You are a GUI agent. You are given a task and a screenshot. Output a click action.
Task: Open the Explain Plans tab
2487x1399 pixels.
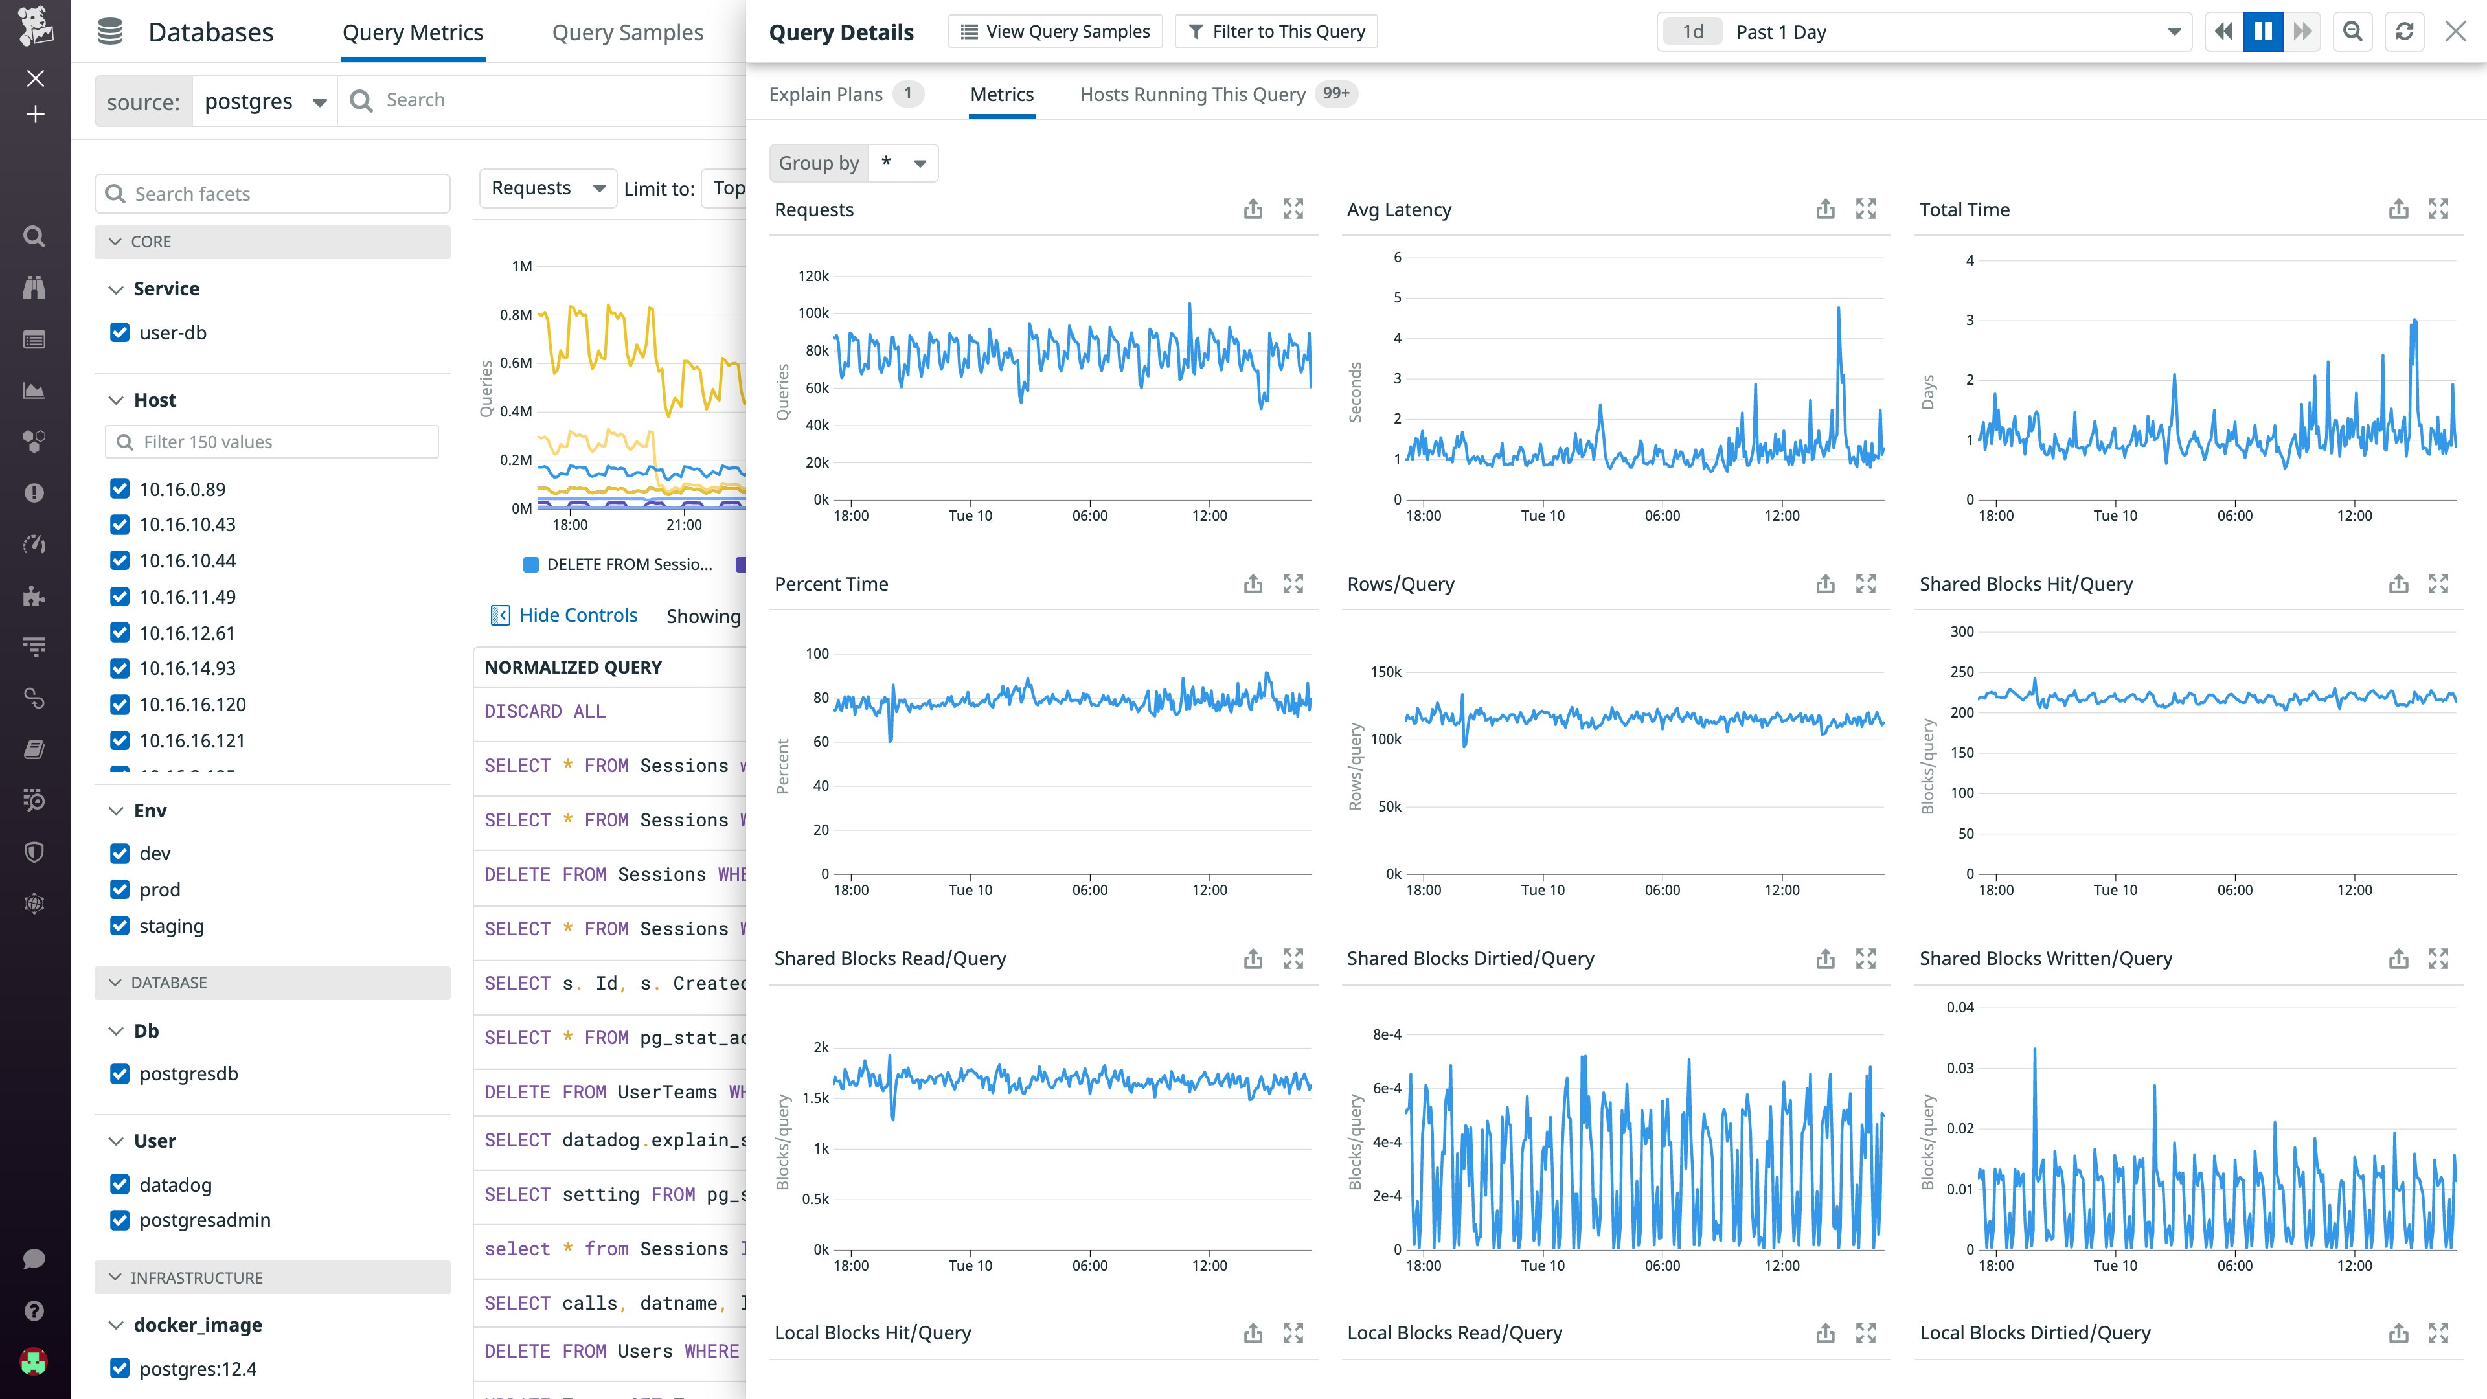click(826, 94)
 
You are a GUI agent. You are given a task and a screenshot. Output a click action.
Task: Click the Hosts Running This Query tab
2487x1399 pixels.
click(1192, 94)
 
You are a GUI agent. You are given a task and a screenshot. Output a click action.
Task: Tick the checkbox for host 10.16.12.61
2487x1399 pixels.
click(120, 632)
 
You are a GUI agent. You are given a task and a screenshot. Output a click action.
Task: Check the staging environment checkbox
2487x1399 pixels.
click(120, 926)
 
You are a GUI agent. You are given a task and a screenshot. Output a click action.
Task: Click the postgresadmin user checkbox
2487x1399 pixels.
click(120, 1220)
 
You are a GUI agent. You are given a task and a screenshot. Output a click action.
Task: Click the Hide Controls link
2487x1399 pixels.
click(577, 616)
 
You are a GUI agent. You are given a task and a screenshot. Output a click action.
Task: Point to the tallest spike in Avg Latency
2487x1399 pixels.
click(1838, 309)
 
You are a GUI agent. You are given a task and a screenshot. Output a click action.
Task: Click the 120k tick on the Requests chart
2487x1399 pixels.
click(813, 276)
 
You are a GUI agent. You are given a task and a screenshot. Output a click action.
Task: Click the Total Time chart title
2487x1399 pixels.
click(1964, 209)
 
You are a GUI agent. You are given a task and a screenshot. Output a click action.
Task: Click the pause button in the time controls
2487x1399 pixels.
click(2262, 32)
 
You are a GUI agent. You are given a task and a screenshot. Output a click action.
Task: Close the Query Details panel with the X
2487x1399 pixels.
click(2455, 32)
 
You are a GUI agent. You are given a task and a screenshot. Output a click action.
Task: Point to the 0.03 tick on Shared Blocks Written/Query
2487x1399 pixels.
click(1959, 1068)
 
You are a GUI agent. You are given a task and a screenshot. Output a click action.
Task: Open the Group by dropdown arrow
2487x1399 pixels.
click(919, 163)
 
